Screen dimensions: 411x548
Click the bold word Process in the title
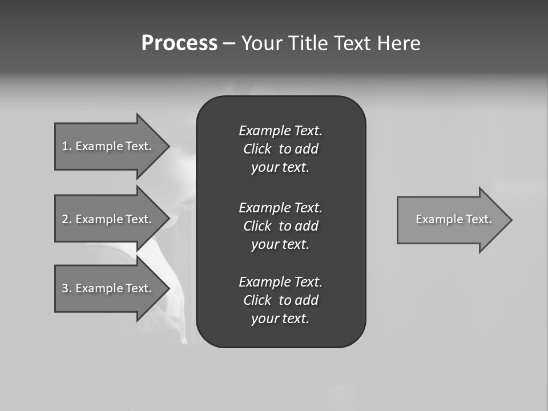click(x=179, y=43)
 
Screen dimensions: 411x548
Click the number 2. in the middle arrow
click(x=66, y=219)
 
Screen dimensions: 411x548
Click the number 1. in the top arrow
click(x=66, y=146)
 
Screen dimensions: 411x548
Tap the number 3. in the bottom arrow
click(x=66, y=288)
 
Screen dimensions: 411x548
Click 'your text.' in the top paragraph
click(x=280, y=168)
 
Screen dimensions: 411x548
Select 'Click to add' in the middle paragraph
click(x=280, y=226)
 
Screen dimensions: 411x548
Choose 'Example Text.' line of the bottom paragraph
click(x=280, y=282)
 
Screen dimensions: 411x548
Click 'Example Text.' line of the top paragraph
click(x=280, y=131)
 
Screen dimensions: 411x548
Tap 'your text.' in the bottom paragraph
click(x=280, y=319)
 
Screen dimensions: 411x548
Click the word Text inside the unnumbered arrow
click(x=478, y=219)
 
